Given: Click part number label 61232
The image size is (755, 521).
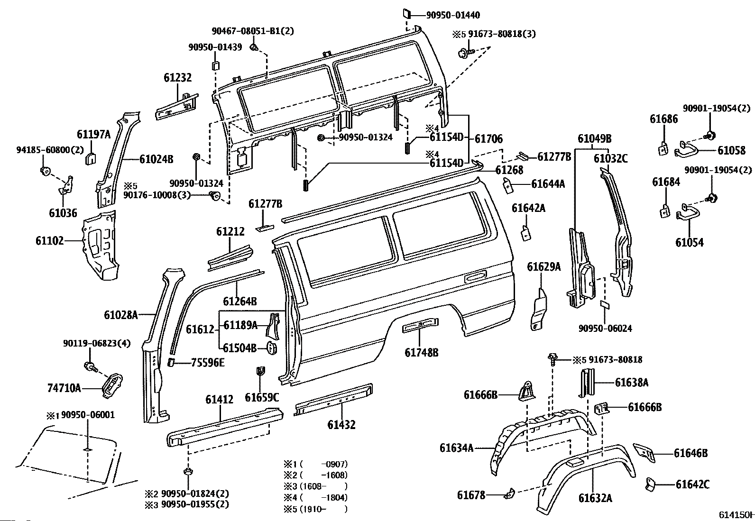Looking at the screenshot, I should (177, 78).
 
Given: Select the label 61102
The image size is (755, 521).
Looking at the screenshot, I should (49, 241).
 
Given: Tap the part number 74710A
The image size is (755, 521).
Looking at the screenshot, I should (64, 389).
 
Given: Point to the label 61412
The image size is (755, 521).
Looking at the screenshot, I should (219, 400).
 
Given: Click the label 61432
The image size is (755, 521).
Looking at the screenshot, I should (341, 425).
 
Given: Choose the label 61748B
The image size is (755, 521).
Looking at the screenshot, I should (421, 352).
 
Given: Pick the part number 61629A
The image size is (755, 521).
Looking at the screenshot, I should (543, 267).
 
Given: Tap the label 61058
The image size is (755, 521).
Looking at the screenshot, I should (731, 151).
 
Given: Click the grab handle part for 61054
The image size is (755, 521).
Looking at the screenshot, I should (688, 211).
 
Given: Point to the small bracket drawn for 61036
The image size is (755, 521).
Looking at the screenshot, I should (66, 185).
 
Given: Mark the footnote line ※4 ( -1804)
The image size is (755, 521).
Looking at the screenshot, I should (315, 497).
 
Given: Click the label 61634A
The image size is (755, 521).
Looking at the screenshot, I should (456, 448).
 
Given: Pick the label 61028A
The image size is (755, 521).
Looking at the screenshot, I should (121, 314).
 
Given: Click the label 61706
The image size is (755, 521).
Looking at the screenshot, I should (488, 138).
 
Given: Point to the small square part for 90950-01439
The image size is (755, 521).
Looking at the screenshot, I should (215, 65).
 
